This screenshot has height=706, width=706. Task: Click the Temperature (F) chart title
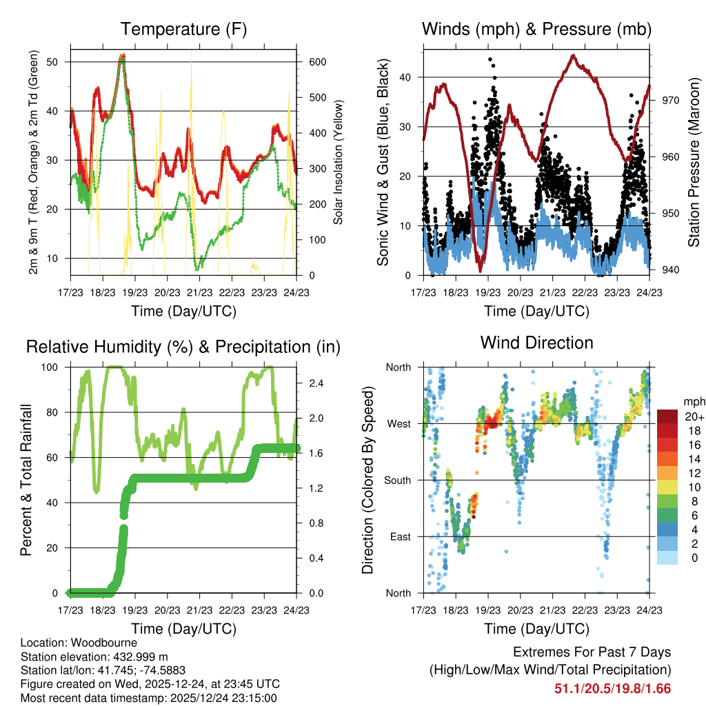coord(183,30)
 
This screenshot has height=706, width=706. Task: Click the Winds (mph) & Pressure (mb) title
coord(536,30)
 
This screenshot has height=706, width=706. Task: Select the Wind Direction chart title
coord(536,343)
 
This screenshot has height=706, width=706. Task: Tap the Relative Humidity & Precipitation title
coord(183,347)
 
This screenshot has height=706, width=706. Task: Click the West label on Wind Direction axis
coord(399,424)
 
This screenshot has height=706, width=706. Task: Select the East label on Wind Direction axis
coord(400,537)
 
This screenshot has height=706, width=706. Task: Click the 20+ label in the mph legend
coord(693,416)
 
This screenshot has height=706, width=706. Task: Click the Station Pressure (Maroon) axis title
coord(694,163)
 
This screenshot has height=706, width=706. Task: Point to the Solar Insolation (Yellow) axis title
coord(339,163)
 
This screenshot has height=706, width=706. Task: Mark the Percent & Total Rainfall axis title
coord(26,481)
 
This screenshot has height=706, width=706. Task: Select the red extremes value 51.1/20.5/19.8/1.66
coord(612,688)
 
